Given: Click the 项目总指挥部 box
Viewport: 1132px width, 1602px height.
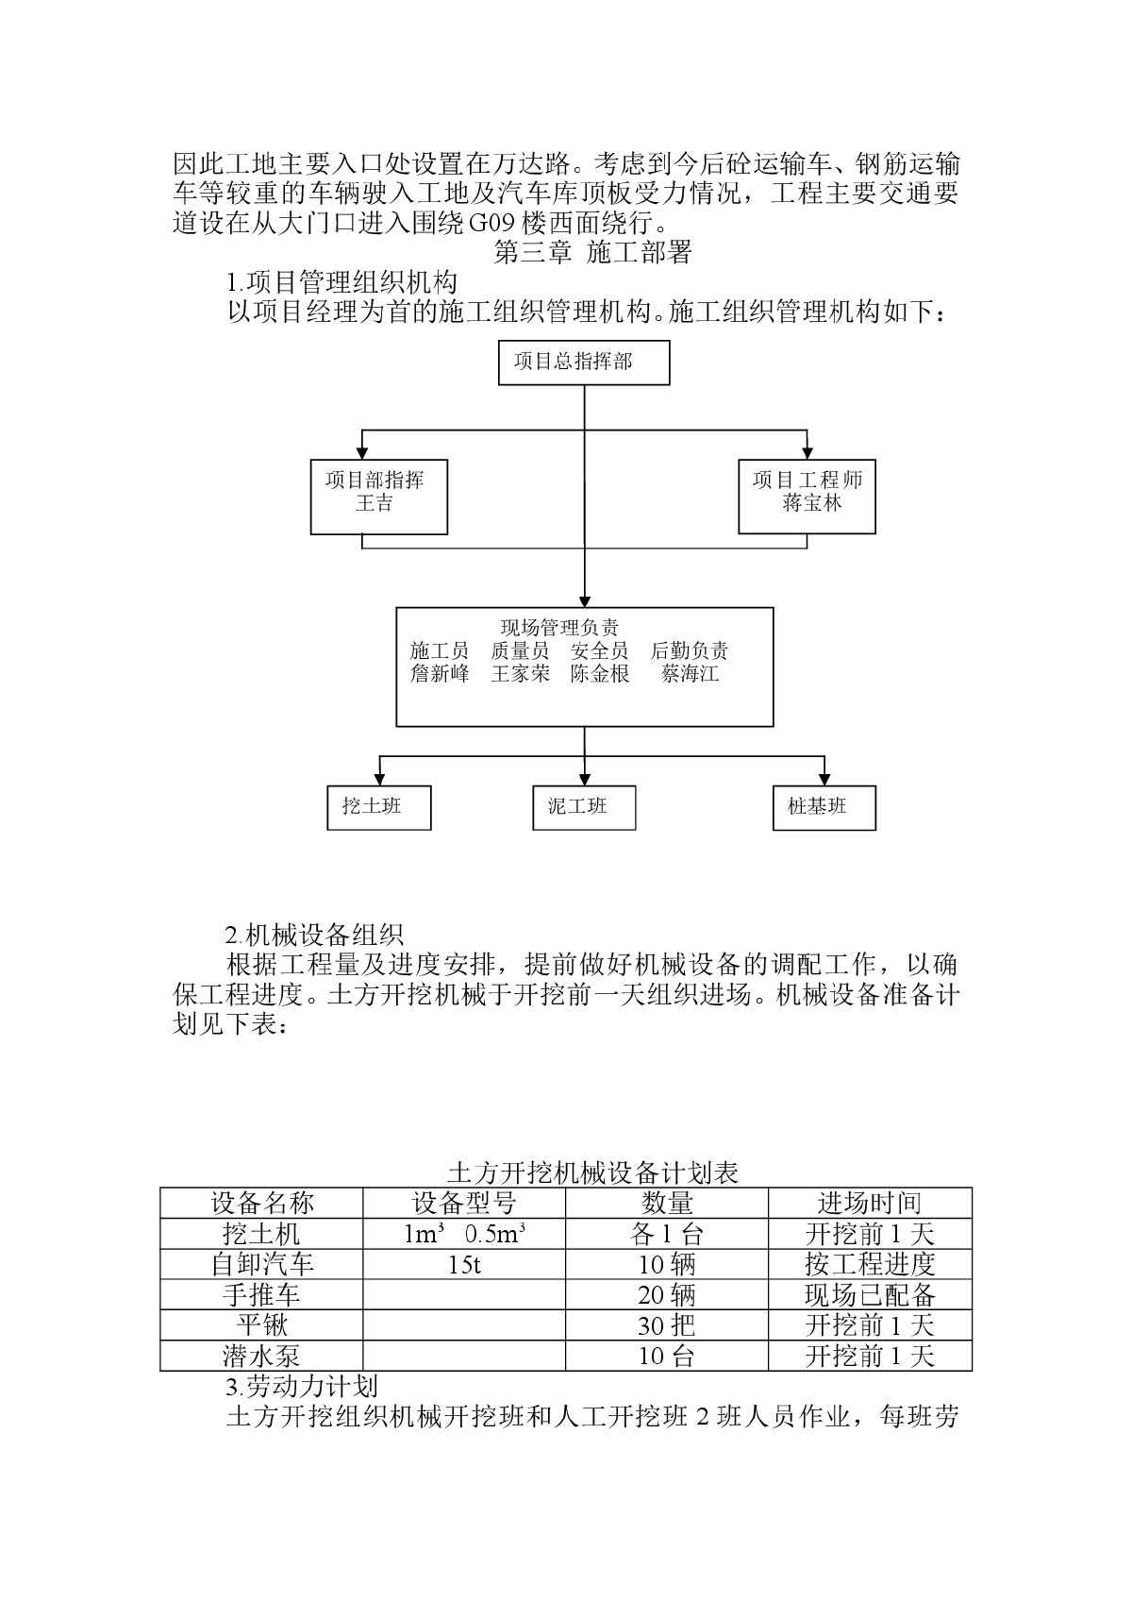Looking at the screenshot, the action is pyautogui.click(x=584, y=363).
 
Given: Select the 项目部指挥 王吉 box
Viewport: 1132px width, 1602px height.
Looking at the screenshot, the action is pyautogui.click(x=379, y=497).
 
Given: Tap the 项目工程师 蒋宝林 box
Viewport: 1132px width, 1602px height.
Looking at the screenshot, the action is pyautogui.click(x=807, y=497).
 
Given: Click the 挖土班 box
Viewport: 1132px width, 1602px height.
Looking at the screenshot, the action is pyautogui.click(x=379, y=808).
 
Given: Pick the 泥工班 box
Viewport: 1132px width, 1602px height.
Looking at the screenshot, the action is pyautogui.click(x=584, y=808).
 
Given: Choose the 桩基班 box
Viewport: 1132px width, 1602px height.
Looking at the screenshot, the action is pyautogui.click(x=824, y=808).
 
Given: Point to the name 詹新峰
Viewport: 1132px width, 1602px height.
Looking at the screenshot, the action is pyautogui.click(x=440, y=674).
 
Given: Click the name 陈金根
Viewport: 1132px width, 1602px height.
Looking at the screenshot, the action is pyautogui.click(x=600, y=674).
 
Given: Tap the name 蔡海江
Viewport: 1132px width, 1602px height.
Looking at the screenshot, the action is pyautogui.click(x=690, y=674).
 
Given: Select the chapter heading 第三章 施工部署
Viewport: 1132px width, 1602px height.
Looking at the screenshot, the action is pyautogui.click(x=592, y=252).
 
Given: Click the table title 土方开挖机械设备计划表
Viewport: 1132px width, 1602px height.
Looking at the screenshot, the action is pyautogui.click(x=592, y=1173).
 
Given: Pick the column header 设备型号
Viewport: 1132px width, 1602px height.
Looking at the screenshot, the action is pyautogui.click(x=464, y=1204).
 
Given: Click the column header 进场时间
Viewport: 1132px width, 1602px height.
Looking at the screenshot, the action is pyautogui.click(x=870, y=1204).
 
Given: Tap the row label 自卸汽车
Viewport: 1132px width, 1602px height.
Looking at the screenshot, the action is pyautogui.click(x=262, y=1264).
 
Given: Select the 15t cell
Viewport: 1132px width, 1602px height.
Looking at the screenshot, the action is pyautogui.click(x=464, y=1265).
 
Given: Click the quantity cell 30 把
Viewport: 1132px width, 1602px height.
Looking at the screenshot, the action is pyautogui.click(x=666, y=1326).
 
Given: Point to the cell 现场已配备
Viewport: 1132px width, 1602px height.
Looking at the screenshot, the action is pyautogui.click(x=870, y=1295).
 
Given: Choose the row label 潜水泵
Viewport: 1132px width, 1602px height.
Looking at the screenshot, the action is pyautogui.click(x=261, y=1356).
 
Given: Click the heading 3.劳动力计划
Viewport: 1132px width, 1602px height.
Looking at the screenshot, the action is pyautogui.click(x=302, y=1387).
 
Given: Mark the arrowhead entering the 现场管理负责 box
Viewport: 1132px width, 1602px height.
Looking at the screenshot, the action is pyautogui.click(x=585, y=601).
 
